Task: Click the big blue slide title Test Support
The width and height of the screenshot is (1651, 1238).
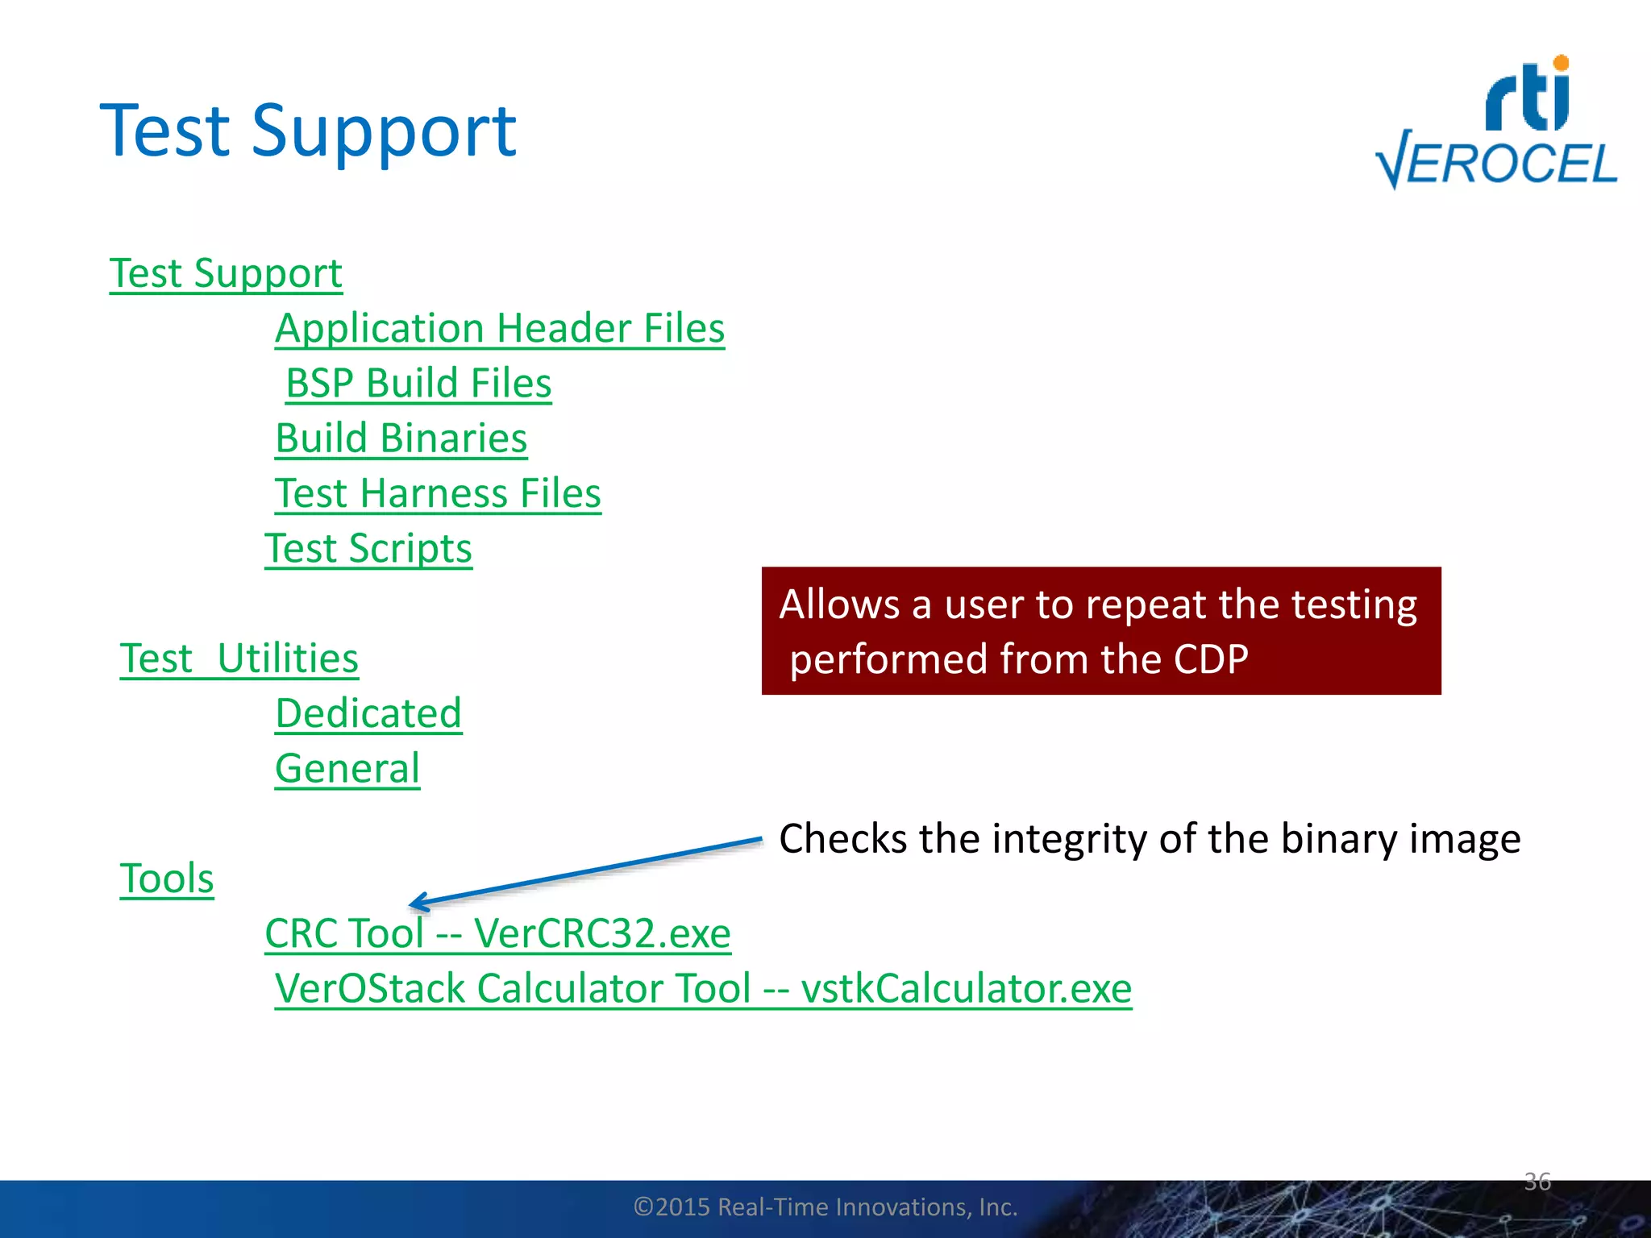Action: pyautogui.click(x=307, y=131)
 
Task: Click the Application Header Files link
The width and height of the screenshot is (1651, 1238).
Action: pyautogui.click(x=500, y=329)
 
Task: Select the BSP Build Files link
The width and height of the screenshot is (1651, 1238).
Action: pyautogui.click(x=418, y=384)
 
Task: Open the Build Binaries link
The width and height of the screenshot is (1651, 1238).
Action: pyautogui.click(x=401, y=438)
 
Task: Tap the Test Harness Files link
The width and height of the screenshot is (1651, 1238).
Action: pyautogui.click(x=438, y=493)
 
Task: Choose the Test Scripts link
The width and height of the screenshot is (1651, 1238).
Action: pyautogui.click(x=368, y=549)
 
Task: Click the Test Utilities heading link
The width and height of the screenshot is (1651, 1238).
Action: pyautogui.click(x=239, y=658)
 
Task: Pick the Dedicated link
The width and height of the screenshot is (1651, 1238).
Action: pyautogui.click(x=368, y=714)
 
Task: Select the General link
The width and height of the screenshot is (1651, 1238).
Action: pyautogui.click(x=347, y=769)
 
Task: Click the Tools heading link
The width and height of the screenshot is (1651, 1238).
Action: pyautogui.click(x=167, y=879)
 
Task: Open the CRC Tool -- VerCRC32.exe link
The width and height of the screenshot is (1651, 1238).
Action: pyautogui.click(x=497, y=934)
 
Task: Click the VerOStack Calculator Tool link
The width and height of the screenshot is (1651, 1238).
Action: pyautogui.click(x=703, y=989)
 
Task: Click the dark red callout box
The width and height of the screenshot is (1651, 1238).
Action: pyautogui.click(x=1100, y=631)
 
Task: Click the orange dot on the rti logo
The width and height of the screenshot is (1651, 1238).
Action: pyautogui.click(x=1561, y=63)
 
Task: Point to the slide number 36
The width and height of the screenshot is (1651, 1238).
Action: pyautogui.click(x=1537, y=1182)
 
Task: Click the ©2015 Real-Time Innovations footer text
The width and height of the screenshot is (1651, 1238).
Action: pyautogui.click(x=825, y=1207)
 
